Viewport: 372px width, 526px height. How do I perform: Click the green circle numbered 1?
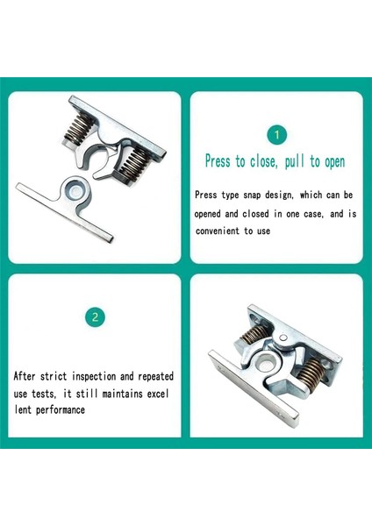[x=276, y=135]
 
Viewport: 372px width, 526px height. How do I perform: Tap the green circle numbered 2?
[x=95, y=317]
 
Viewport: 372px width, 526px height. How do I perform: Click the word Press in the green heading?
[x=218, y=161]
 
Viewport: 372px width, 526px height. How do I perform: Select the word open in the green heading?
[x=334, y=162]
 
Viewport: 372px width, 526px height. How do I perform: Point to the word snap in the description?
[x=252, y=195]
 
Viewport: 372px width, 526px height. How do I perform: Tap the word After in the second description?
[x=25, y=376]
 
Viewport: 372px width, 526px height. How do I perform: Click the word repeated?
[x=156, y=376]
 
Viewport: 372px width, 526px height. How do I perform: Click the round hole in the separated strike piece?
[x=75, y=191]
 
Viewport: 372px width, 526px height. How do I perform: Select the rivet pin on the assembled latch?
[x=283, y=338]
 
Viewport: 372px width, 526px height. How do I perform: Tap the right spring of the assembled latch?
[x=311, y=372]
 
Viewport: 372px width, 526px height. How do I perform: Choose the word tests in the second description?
[x=44, y=394]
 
